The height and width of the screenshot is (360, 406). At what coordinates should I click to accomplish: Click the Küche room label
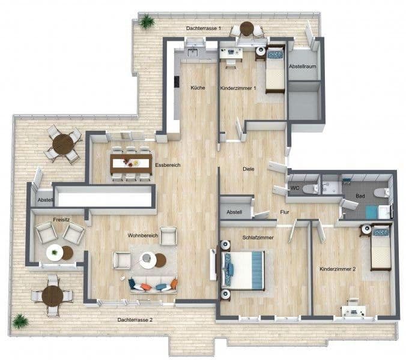pyautogui.click(x=198, y=88)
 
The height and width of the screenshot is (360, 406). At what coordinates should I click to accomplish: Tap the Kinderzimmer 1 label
pyautogui.click(x=238, y=88)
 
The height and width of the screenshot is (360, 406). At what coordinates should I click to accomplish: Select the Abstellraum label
pyautogui.click(x=302, y=67)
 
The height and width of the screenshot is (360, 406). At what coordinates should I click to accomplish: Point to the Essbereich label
pyautogui.click(x=168, y=164)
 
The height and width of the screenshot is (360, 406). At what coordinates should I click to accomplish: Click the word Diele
pyautogui.click(x=249, y=169)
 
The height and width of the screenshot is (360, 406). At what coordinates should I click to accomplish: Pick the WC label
pyautogui.click(x=295, y=188)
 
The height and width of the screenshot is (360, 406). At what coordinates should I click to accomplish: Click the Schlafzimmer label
pyautogui.click(x=258, y=238)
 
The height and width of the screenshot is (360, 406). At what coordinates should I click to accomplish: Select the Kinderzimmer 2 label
pyautogui.click(x=338, y=269)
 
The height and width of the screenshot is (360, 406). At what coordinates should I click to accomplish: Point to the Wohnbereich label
pyautogui.click(x=142, y=235)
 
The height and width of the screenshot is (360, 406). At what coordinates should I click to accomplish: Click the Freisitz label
pyautogui.click(x=61, y=220)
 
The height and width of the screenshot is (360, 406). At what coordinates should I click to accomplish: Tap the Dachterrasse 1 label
pyautogui.click(x=204, y=28)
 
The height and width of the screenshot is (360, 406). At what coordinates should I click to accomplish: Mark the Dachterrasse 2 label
pyautogui.click(x=135, y=320)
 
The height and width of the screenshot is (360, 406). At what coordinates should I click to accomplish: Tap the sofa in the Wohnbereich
pyautogui.click(x=153, y=284)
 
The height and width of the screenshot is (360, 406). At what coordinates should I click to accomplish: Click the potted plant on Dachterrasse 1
pyautogui.click(x=147, y=22)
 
